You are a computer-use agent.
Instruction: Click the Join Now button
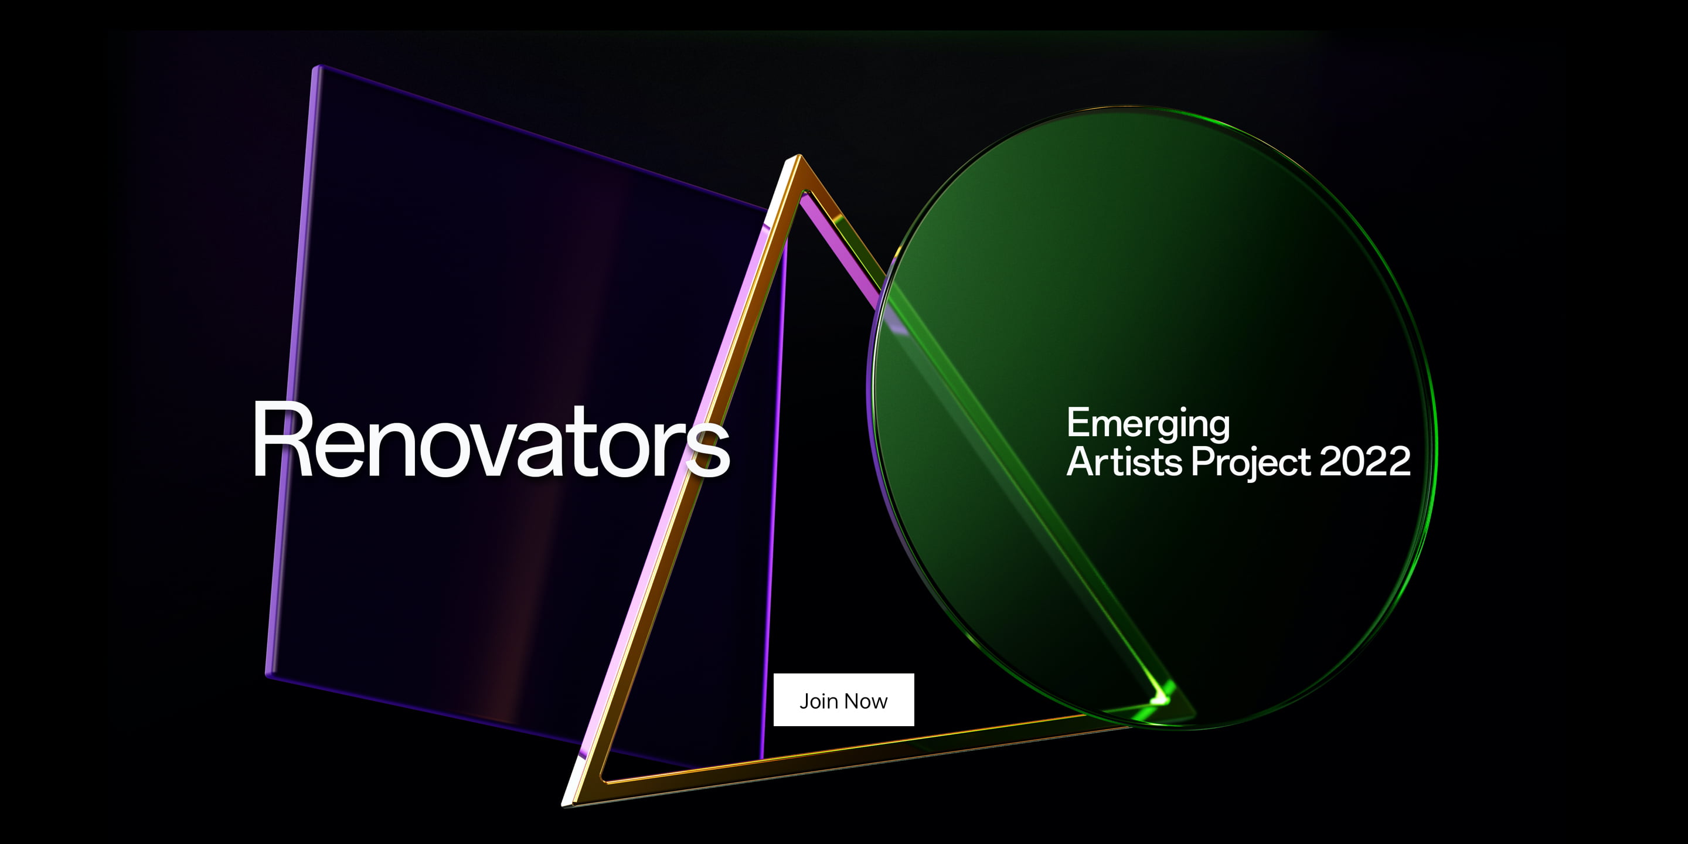pos(843,700)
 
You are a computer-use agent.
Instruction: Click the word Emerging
pos(1148,423)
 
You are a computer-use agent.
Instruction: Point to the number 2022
pos(1365,461)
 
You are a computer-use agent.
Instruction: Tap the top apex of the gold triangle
pos(798,159)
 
